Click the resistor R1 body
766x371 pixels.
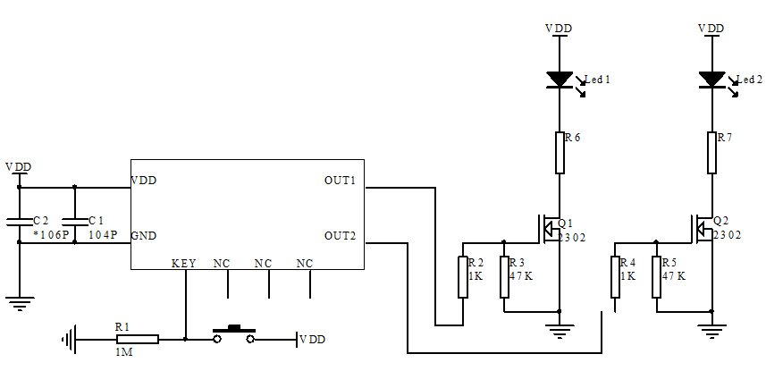coord(138,339)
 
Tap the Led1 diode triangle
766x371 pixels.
coord(560,80)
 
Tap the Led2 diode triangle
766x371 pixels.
coord(711,80)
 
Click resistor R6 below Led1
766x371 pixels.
coord(560,152)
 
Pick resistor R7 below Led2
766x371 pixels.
coord(711,152)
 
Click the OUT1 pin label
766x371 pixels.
coord(340,181)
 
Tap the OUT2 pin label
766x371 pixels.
coord(340,236)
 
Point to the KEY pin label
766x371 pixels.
coord(183,264)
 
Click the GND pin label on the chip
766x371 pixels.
coord(144,236)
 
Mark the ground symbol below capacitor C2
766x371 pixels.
coord(19,302)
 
